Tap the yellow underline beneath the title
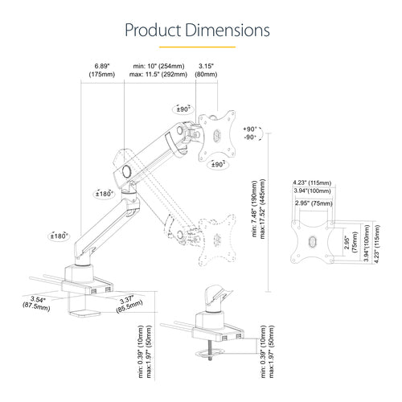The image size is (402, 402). pyautogui.click(x=200, y=47)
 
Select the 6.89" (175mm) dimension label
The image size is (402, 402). pyautogui.click(x=101, y=69)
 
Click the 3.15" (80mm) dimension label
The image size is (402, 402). pyautogui.click(x=207, y=69)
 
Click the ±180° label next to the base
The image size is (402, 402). pyautogui.click(x=58, y=236)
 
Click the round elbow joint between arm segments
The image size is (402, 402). pyautogui.click(x=126, y=171)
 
